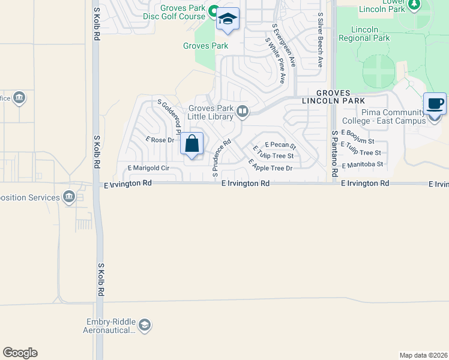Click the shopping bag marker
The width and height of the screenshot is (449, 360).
pos(191,145)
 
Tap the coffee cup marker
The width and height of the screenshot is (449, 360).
pos(435,104)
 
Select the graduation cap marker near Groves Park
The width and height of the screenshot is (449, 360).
pos(228,20)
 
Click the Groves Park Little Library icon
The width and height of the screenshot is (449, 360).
pos(242,111)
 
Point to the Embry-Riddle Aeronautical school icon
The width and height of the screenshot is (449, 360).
pos(144,326)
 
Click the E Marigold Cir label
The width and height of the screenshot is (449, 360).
pos(148,169)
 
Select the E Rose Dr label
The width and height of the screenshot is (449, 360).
pos(160,140)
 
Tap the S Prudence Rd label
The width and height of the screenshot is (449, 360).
pos(221,159)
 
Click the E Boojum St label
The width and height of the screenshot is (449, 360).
pos(357,133)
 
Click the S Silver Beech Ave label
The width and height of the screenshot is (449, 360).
pos(321,40)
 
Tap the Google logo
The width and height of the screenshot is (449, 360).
pos(20,353)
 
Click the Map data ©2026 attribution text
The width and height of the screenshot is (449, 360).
pos(424,355)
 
